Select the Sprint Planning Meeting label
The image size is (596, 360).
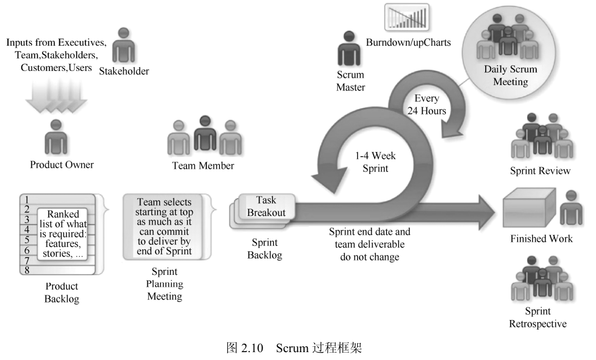164,284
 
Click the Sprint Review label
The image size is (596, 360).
540,171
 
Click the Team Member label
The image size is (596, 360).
203,166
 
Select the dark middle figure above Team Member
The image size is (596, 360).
204,134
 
